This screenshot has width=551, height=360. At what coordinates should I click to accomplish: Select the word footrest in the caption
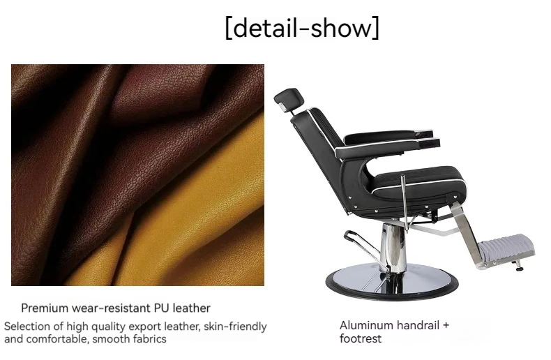point(361,338)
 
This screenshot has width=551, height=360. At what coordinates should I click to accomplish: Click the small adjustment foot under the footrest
point(518,266)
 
